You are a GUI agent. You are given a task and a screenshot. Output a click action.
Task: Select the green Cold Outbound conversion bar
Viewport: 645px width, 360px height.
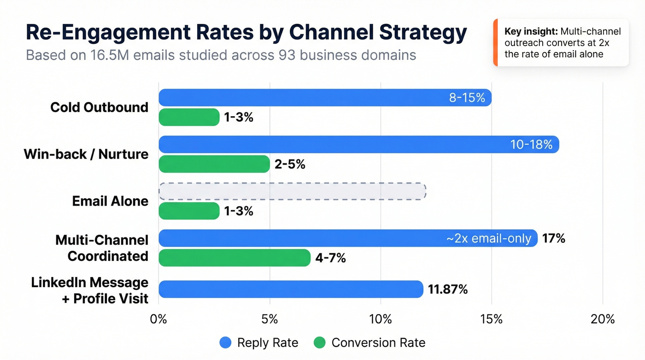pos(189,117)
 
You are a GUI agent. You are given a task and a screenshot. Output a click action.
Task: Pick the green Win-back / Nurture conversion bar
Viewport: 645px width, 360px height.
pos(214,164)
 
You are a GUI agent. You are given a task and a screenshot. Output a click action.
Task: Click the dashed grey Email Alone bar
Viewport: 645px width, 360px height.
pos(292,191)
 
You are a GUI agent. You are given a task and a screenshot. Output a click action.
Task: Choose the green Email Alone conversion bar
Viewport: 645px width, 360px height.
pos(189,211)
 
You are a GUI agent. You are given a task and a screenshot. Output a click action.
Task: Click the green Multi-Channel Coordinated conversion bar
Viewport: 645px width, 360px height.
pos(235,258)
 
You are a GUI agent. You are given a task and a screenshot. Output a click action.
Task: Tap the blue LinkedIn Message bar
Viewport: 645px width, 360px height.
pos(291,289)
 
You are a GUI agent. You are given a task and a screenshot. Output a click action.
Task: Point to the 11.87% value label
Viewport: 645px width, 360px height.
pos(448,289)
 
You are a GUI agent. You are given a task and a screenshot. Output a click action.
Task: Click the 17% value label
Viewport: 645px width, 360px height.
pos(554,239)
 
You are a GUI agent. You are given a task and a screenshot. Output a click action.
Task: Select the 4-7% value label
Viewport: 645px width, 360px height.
pos(330,258)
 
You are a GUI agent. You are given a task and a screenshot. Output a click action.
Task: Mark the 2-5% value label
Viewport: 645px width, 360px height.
pos(290,165)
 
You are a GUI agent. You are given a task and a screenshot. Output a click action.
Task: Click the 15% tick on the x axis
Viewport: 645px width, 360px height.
pos(492,319)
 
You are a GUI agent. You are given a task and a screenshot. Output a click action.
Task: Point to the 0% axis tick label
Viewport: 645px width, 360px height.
pos(158,319)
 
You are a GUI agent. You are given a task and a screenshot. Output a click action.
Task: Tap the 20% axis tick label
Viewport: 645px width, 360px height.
pos(603,319)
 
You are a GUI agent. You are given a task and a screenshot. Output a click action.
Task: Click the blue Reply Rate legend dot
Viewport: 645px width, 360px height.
pos(225,342)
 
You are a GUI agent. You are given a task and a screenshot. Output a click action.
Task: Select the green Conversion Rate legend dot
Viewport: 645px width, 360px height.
pos(319,342)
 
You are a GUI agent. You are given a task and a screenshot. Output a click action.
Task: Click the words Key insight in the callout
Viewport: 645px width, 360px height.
pos(531,32)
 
